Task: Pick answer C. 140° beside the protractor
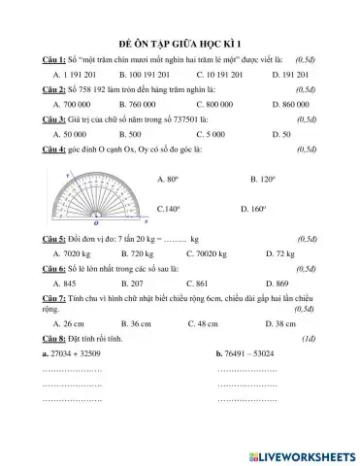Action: (170, 208)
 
